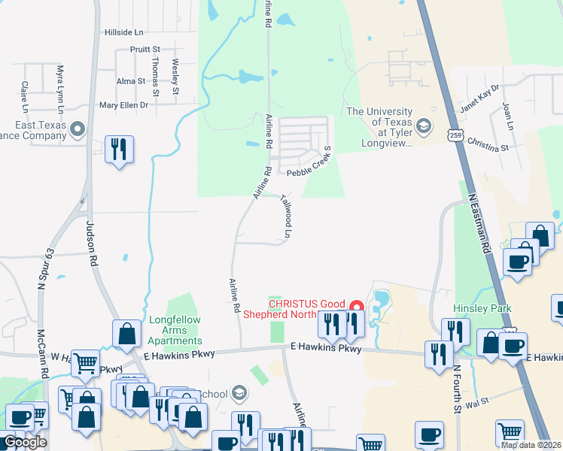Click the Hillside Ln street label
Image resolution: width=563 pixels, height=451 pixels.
[123, 33]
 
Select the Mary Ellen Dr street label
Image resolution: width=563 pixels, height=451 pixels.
[124, 105]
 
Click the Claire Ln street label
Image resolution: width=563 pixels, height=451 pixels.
[25, 93]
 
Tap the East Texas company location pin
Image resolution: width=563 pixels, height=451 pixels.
[77, 131]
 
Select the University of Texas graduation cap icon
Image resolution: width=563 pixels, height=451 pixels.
[424, 126]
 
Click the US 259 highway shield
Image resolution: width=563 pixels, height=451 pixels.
[454, 135]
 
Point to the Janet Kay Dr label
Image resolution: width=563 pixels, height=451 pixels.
[479, 98]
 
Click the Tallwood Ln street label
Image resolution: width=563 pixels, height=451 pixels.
[286, 217]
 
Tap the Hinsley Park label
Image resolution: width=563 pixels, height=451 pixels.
[482, 309]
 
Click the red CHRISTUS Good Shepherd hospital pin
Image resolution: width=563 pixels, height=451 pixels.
[357, 307]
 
